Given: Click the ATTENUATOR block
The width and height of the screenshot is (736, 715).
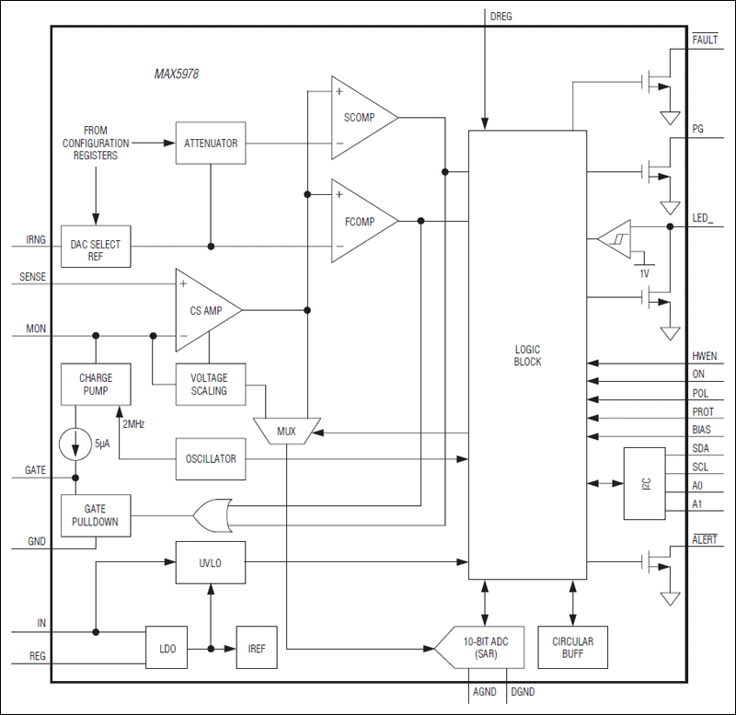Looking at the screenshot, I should pos(210,144).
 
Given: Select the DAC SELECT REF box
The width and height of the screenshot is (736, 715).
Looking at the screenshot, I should pos(96,246).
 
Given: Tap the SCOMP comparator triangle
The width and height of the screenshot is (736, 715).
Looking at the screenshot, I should pos(361,118).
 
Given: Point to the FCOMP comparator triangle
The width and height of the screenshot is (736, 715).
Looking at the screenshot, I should pos(361,221).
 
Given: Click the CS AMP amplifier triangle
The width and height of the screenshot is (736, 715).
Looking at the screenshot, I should pos(205,311).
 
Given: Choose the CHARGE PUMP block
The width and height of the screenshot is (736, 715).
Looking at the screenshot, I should pos(96,385).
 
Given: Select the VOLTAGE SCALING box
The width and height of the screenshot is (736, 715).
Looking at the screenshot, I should pos(210,385).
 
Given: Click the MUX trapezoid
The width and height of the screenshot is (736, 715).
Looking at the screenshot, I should pos(287,431).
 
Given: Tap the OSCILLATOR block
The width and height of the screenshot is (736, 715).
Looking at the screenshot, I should pos(210,458).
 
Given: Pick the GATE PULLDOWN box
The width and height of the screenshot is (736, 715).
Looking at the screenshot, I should pos(96,515).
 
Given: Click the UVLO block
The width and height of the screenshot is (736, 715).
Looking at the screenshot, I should pos(210,561).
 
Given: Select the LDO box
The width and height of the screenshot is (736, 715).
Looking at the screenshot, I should pos(167,649).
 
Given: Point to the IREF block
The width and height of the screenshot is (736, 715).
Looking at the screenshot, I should pos(257,649).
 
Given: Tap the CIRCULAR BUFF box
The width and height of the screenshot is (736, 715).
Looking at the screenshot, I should pos(573,648).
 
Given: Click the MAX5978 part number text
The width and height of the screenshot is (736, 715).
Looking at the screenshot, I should pos(176,74).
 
